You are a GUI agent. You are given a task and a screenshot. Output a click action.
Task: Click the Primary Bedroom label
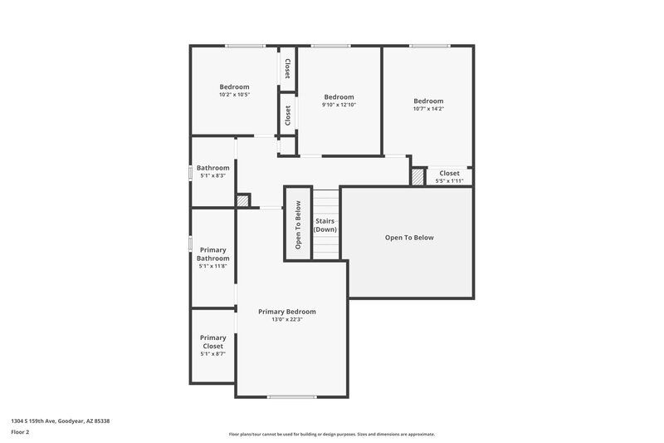click(286, 312)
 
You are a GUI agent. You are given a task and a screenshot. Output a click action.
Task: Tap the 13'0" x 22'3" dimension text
click(286, 320)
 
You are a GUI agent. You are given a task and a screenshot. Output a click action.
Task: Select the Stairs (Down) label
click(325, 225)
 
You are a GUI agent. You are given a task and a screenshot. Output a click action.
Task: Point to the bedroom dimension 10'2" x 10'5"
click(234, 95)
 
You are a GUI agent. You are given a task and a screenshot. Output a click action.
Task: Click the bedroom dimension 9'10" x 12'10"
click(339, 105)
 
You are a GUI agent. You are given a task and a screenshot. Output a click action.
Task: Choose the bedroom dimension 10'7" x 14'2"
click(428, 109)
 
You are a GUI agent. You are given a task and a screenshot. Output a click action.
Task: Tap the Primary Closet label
click(212, 342)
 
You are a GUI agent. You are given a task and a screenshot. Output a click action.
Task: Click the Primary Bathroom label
click(212, 254)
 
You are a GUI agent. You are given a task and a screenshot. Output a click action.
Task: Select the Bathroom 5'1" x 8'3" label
click(212, 171)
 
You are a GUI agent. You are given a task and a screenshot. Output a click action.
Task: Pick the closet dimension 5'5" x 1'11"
click(449, 180)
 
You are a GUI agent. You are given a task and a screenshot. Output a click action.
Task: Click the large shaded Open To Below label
click(408, 238)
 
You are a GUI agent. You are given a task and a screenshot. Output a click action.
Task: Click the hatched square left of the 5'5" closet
click(417, 177)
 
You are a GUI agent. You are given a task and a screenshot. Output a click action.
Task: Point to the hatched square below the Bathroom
click(243, 200)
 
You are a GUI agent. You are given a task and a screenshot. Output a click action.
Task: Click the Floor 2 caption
click(21, 432)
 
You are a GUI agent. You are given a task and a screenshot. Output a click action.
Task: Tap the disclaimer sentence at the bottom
click(331, 434)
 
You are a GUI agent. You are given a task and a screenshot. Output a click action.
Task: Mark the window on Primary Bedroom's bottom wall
click(291, 397)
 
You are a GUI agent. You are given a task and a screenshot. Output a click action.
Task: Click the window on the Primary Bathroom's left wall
click(191, 243)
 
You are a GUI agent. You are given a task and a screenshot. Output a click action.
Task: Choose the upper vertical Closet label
click(287, 68)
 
